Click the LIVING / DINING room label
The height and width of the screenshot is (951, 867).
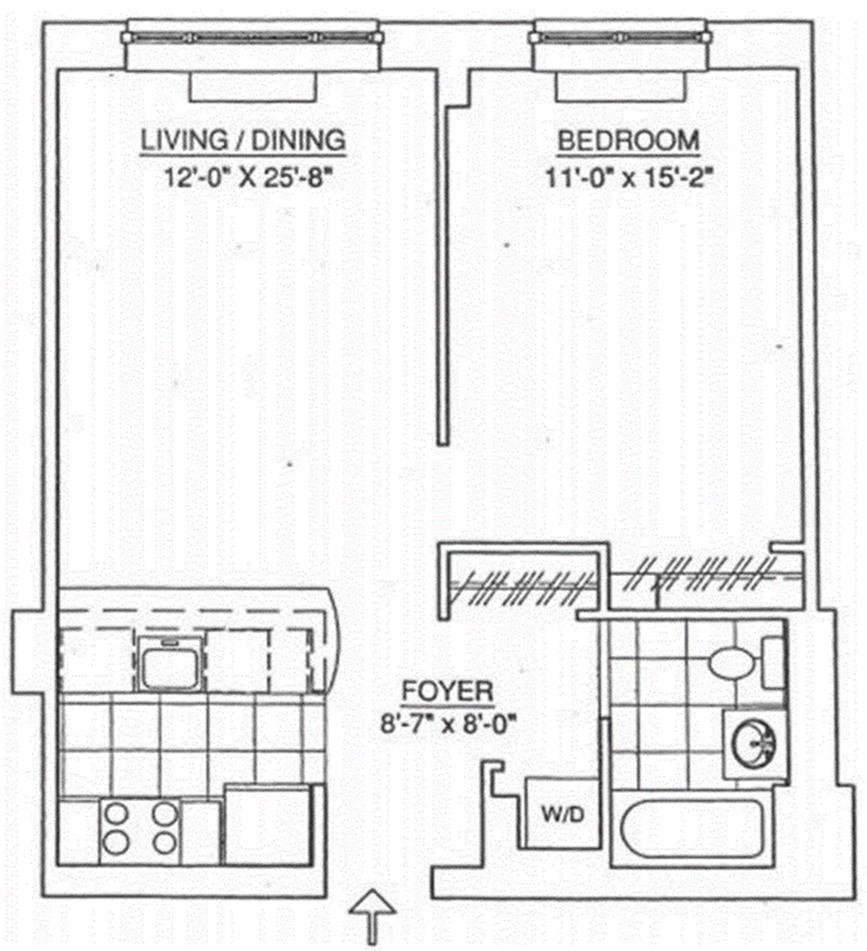(243, 139)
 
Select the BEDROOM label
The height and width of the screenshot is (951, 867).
(628, 140)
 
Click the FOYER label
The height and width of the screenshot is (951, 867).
(448, 691)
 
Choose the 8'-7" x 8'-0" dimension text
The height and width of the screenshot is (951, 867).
(450, 724)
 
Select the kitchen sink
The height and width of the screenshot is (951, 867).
(168, 663)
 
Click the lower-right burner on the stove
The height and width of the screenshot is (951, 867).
(165, 842)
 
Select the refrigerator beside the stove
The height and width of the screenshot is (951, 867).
(267, 826)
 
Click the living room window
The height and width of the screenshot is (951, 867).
(251, 35)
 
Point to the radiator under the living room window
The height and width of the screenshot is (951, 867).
(253, 87)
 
